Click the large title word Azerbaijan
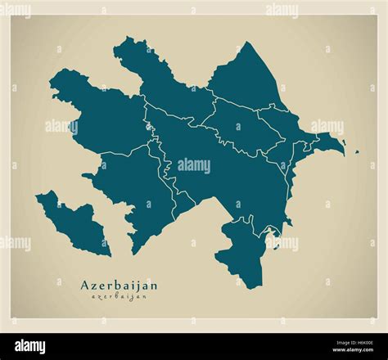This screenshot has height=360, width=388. tap(119, 285)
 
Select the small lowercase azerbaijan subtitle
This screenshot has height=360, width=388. tap(119, 296)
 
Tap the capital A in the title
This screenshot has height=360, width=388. tap(85, 285)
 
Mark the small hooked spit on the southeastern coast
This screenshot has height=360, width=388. tap(274, 241)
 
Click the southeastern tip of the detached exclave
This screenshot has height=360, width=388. tap(108, 254)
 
